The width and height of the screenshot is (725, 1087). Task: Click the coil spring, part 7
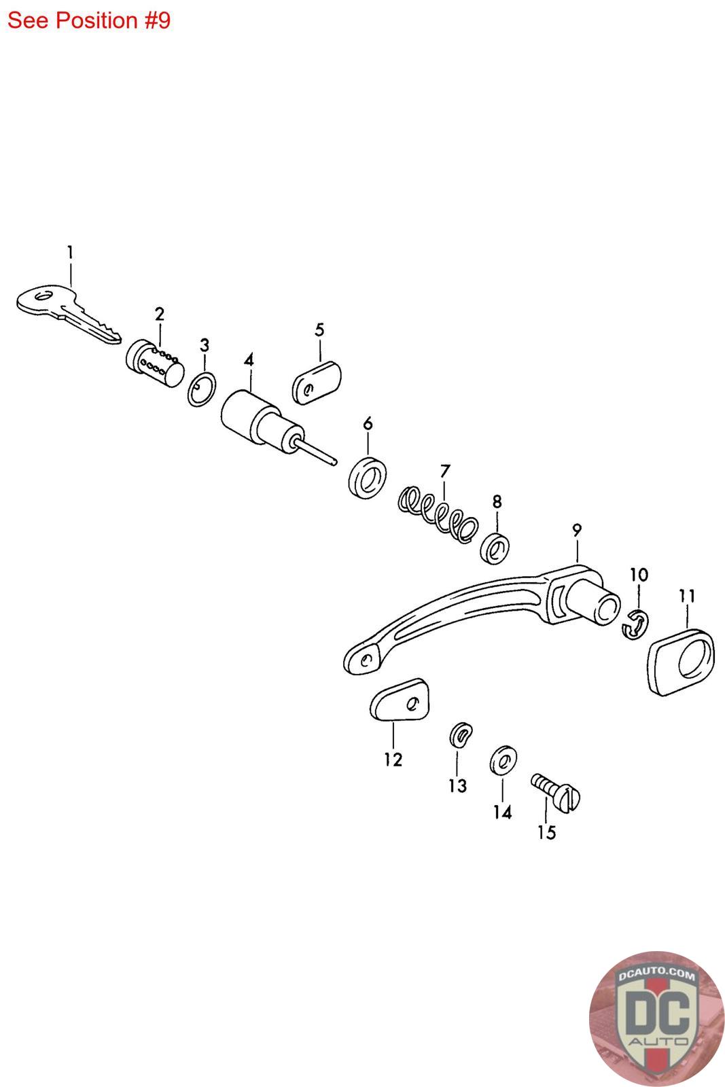coord(438,514)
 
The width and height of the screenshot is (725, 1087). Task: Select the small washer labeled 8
coord(496,547)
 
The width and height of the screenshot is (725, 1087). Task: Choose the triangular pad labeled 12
coord(401,701)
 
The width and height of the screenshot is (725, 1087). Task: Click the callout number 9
coord(577,530)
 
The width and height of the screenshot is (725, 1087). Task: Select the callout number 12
coord(393,759)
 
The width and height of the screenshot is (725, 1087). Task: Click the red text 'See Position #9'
coord(89,20)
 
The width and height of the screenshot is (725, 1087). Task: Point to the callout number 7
coord(445,471)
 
